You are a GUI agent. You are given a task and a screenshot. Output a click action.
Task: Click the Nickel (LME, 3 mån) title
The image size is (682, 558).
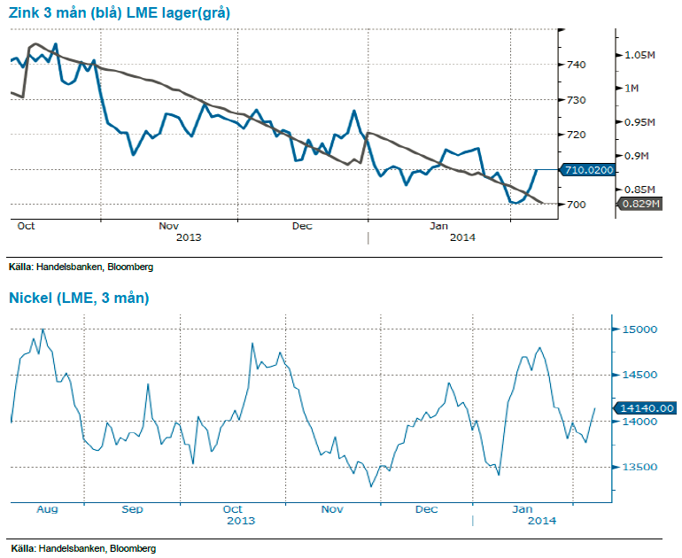[x=79, y=298]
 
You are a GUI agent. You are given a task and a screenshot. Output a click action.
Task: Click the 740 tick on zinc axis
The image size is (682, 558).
[x=575, y=65]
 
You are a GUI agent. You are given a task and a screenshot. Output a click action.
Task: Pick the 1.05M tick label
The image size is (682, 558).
[x=639, y=55]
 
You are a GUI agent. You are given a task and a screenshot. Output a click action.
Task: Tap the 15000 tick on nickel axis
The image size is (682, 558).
[x=638, y=330]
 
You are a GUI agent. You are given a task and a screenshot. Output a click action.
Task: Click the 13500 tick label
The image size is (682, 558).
[x=638, y=468]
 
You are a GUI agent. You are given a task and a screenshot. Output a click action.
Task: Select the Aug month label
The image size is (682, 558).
[x=47, y=509]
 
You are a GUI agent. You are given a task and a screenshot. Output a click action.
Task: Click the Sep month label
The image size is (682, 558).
[x=132, y=509]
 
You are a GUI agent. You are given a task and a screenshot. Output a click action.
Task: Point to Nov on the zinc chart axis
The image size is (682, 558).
[x=169, y=226]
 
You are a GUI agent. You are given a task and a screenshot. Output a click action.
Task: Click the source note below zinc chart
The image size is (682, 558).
[x=68, y=267]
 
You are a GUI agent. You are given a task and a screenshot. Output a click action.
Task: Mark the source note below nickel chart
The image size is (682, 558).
[x=68, y=549]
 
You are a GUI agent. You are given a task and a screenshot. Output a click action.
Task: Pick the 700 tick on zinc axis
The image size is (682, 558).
[x=575, y=205]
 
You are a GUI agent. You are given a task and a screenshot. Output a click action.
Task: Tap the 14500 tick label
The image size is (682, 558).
[x=638, y=376]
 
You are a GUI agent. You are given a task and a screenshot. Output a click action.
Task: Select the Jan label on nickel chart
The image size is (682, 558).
[x=523, y=509]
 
